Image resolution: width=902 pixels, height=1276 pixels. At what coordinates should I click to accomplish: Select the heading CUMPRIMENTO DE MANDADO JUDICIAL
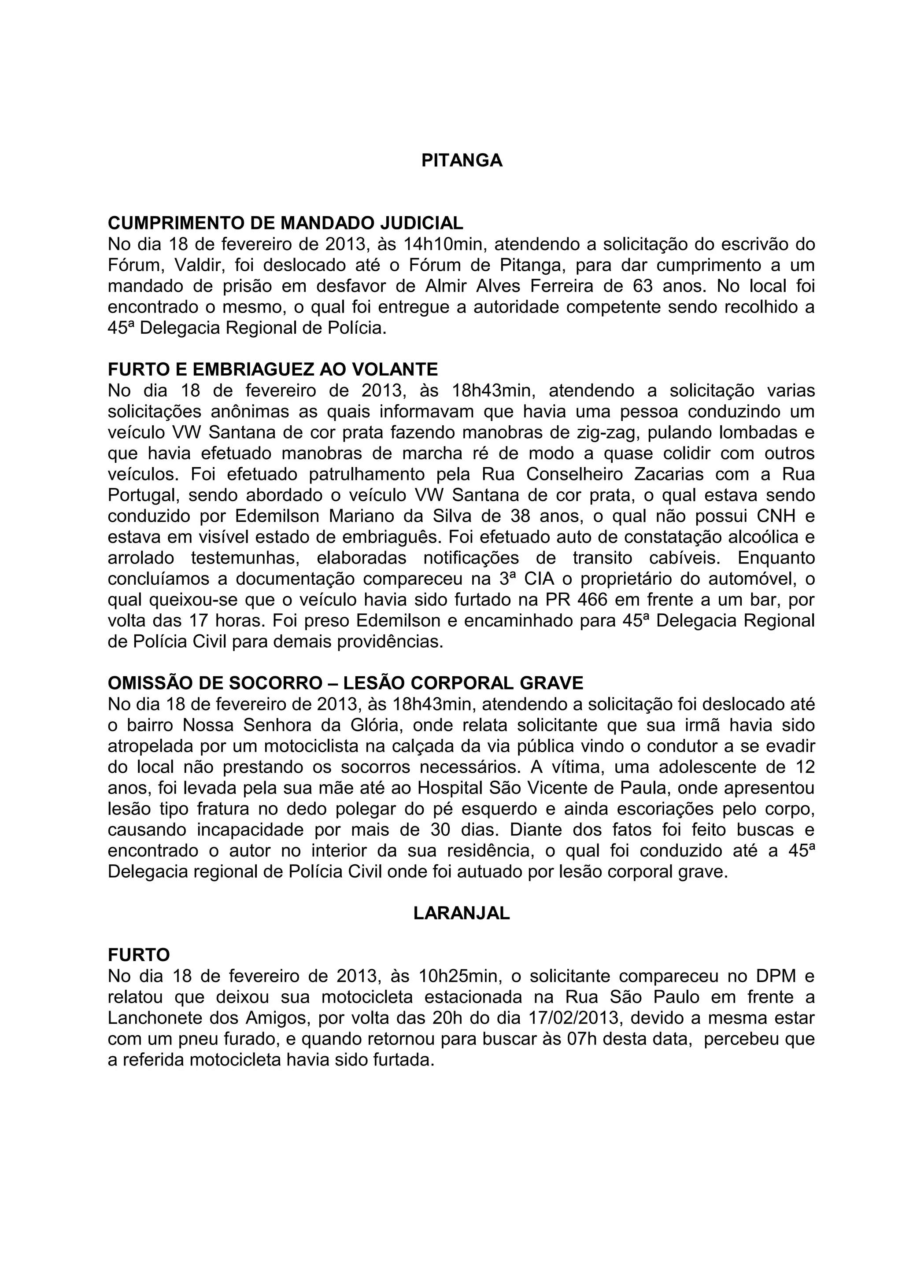pyautogui.click(x=285, y=223)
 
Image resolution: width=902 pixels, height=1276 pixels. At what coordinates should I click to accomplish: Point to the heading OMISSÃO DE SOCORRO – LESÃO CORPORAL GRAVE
pyautogui.click(x=345, y=682)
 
